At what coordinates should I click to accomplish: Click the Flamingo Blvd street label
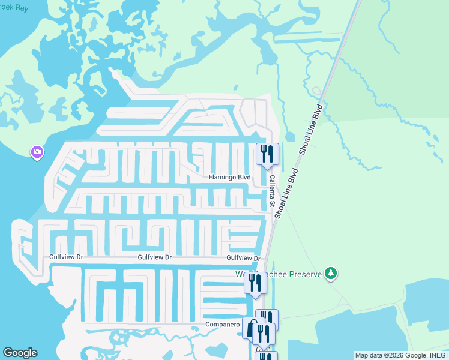[229, 178]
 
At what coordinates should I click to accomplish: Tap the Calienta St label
[272, 188]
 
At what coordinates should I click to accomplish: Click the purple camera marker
[37, 152]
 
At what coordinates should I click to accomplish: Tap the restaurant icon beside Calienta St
[267, 154]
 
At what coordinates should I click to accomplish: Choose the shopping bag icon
[252, 328]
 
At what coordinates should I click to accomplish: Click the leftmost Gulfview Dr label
[66, 257]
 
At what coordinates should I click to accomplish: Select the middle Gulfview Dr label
[154, 257]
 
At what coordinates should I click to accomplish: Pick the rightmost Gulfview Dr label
[243, 258]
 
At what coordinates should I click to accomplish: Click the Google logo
[20, 353]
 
